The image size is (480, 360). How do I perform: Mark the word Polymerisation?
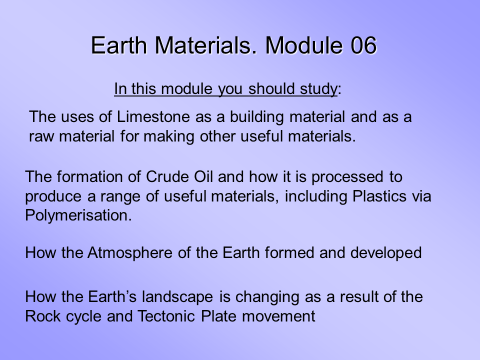coord(78,215)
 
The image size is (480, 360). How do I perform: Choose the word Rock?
coord(39,316)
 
